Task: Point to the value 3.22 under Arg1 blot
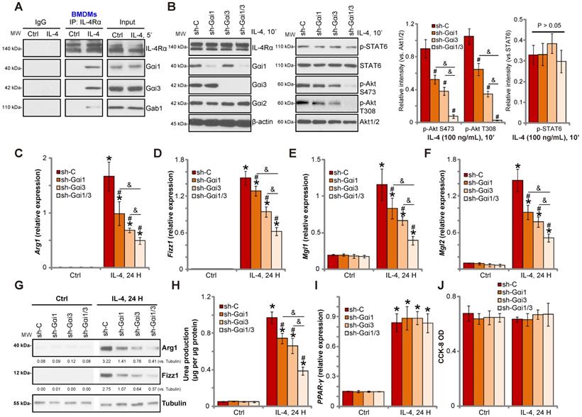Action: (x=104, y=361)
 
